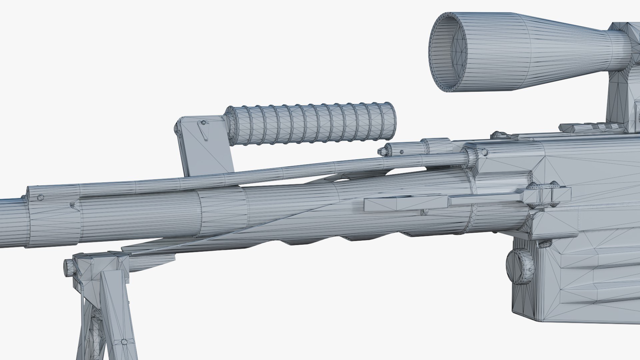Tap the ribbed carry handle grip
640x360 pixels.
tap(310, 125)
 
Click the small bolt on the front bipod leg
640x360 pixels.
tap(124, 342)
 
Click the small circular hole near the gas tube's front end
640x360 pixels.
tap(41, 197)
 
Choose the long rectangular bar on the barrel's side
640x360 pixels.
tap(405, 203)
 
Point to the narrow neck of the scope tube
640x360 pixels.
tap(620, 42)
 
